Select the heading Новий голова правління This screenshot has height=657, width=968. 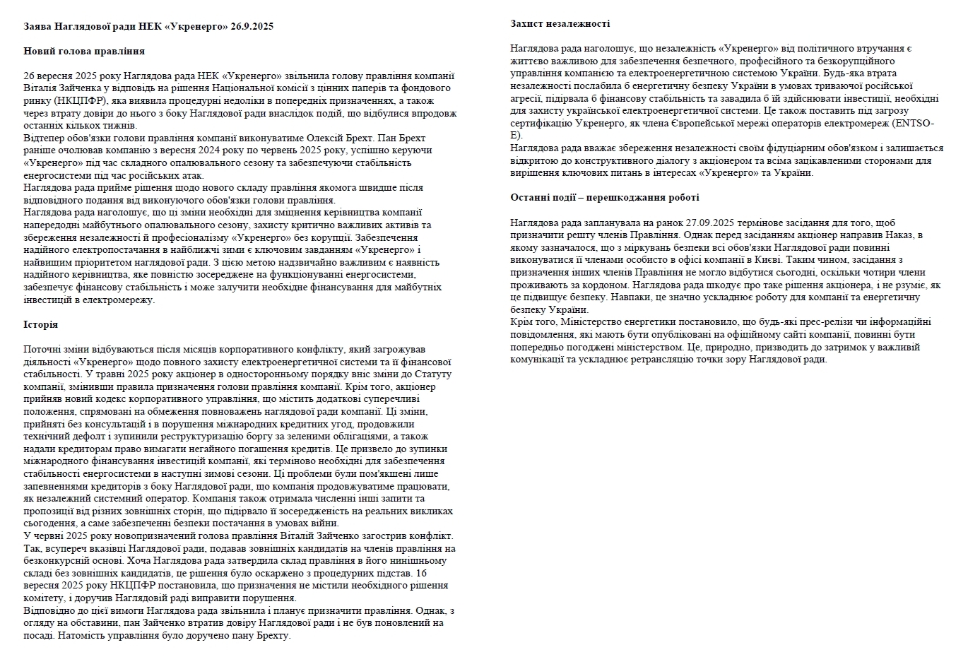84,51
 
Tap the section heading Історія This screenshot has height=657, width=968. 40,324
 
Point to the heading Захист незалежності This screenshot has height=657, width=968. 560,23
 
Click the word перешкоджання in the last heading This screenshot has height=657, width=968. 625,197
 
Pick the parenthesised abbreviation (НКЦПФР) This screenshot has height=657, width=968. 78,101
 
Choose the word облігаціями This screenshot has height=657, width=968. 360,436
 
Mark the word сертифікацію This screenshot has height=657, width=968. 536,124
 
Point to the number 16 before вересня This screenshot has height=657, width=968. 422,573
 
